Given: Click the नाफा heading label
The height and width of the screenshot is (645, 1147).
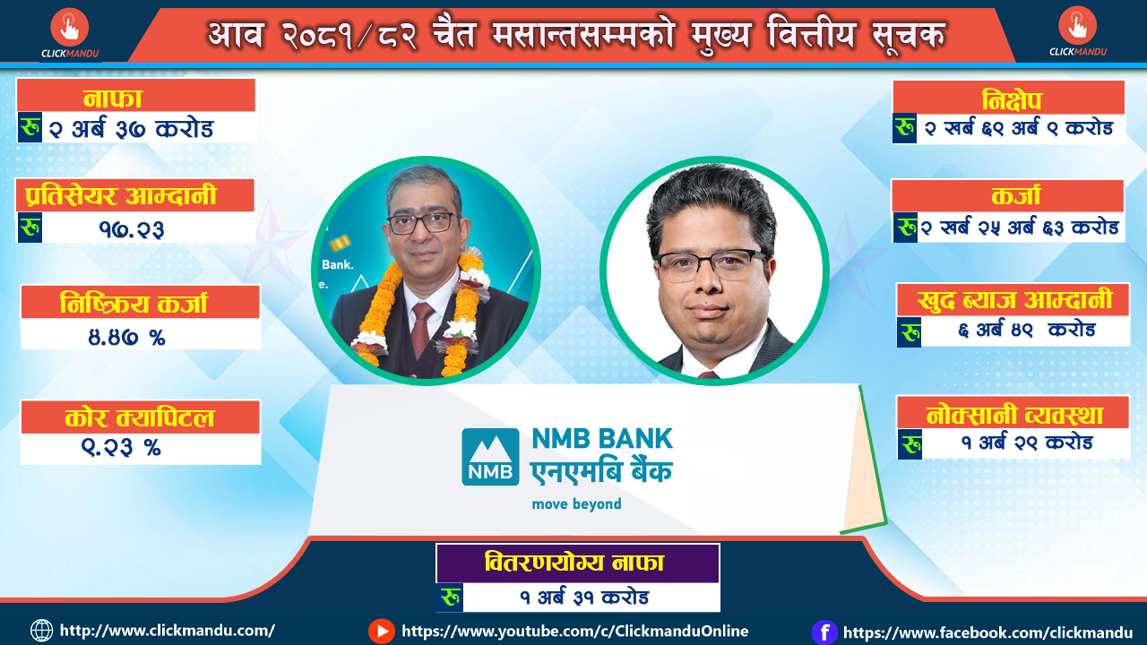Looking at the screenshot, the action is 113,99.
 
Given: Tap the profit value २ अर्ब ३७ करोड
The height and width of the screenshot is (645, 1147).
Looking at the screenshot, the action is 131,128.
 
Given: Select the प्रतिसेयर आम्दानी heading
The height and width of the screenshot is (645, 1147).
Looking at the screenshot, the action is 121,195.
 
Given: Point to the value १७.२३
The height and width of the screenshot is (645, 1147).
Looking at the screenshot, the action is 132,229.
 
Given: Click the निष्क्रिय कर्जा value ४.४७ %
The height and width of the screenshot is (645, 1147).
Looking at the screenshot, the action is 126,338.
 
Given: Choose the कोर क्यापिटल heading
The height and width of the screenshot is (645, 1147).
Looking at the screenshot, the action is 139,417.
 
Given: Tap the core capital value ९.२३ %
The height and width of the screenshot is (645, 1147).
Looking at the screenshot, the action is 121,447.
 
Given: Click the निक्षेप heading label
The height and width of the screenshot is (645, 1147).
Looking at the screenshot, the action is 1012,100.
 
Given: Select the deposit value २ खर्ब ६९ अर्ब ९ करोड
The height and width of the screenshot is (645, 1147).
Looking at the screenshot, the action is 1019,128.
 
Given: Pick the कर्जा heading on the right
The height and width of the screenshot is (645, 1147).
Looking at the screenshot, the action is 1016,196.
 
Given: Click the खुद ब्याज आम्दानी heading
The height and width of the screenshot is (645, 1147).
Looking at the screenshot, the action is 1014,300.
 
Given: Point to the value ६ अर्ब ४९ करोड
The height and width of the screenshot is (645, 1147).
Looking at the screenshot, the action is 1027,331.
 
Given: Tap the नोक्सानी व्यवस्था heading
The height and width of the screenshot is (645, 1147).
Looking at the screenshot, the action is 1014,415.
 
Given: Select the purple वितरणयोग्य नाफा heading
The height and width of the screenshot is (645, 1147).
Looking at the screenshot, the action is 574,563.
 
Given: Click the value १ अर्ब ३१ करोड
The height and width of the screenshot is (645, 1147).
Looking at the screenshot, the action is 584,598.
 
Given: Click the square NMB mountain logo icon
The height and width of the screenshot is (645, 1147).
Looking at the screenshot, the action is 490,457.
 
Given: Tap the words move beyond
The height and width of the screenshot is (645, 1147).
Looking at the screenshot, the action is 576,504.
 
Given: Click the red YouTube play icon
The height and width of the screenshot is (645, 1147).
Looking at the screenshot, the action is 382,632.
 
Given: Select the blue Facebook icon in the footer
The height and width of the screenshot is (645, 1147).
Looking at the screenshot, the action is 824,632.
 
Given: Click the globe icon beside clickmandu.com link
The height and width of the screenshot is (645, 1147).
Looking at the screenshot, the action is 41,631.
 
